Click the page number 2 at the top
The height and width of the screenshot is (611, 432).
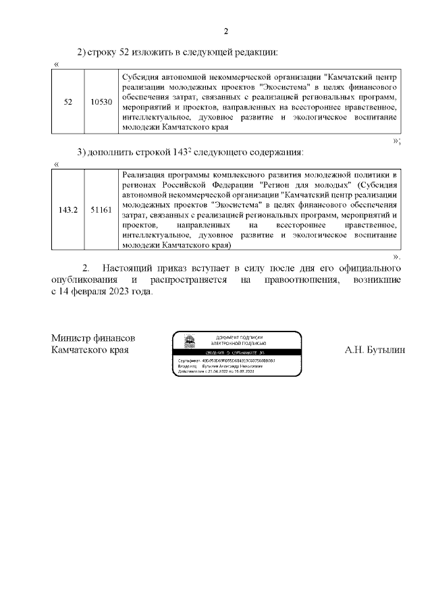pyautogui.click(x=226, y=31)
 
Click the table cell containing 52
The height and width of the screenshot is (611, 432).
pyautogui.click(x=67, y=102)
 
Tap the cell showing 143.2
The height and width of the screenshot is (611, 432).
pyautogui.click(x=67, y=210)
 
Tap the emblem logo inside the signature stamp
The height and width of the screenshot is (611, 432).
pyautogui.click(x=190, y=342)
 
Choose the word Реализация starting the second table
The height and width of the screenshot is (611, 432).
pyautogui.click(x=147, y=174)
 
